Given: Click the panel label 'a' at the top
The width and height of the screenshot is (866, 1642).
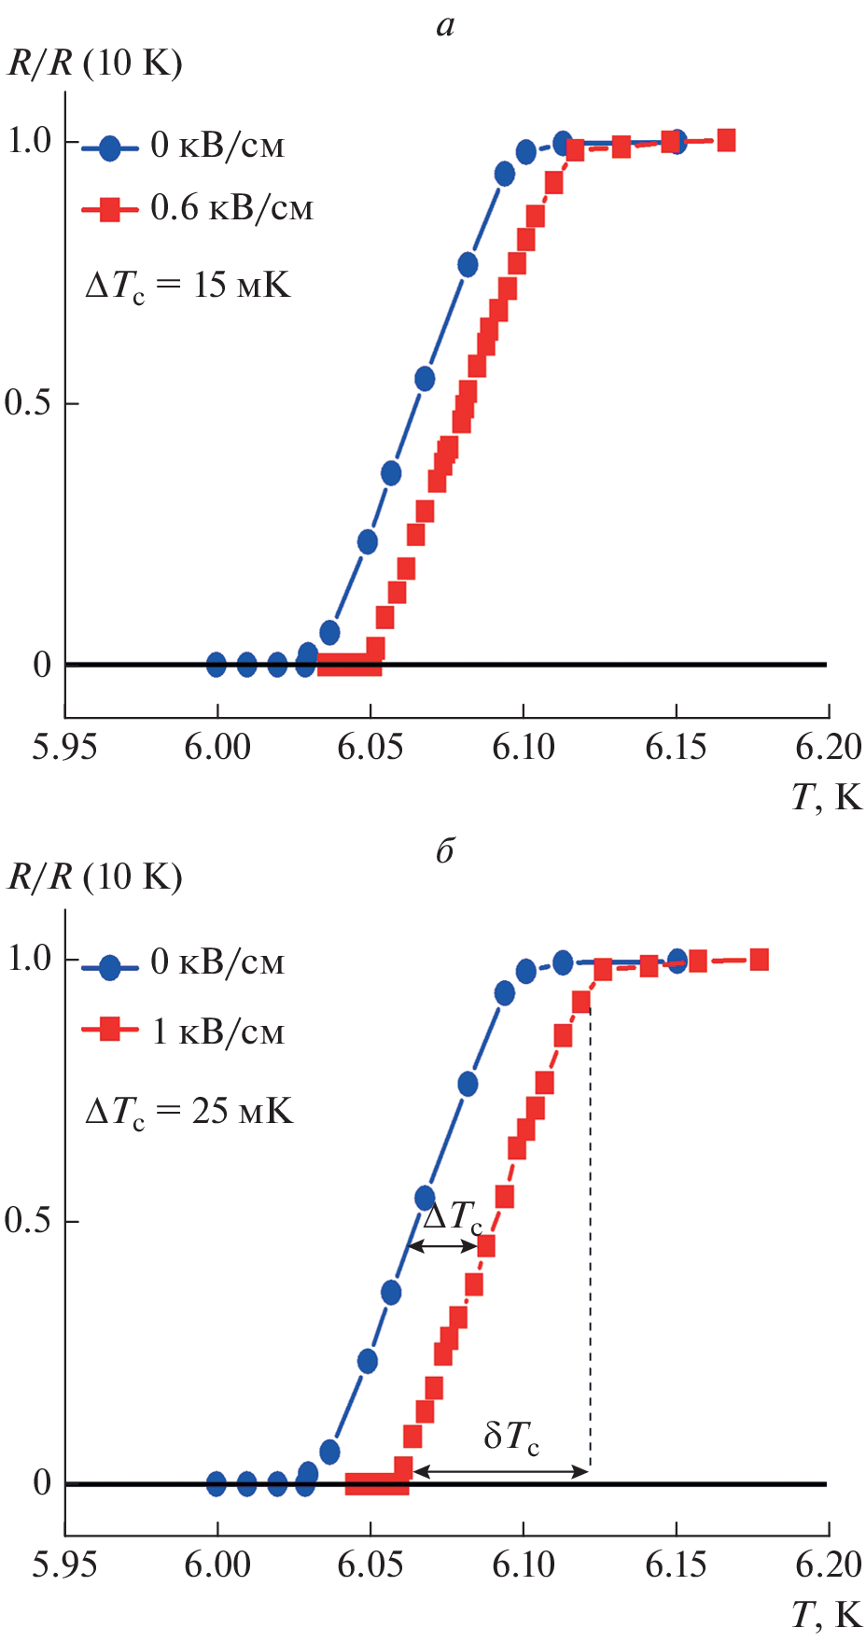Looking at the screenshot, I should (445, 25).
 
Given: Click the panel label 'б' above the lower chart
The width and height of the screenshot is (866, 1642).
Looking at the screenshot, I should (445, 850).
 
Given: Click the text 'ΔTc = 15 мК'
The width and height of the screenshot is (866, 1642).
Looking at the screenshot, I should (188, 285).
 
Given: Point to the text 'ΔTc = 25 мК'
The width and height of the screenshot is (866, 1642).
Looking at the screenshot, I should (189, 1111).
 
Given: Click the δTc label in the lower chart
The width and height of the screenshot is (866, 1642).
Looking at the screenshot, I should (511, 1437).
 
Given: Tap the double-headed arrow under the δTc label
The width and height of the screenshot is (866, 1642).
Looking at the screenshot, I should (501, 1472).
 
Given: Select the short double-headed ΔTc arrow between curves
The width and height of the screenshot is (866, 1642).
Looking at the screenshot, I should (444, 1246).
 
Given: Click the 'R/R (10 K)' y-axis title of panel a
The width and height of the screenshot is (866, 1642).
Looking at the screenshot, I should (95, 63).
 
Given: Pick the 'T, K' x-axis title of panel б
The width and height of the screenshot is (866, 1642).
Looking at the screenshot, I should (827, 1614).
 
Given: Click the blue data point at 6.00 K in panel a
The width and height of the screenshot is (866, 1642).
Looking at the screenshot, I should (216, 665).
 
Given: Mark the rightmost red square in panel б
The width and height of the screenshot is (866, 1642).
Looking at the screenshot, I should (759, 960).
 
